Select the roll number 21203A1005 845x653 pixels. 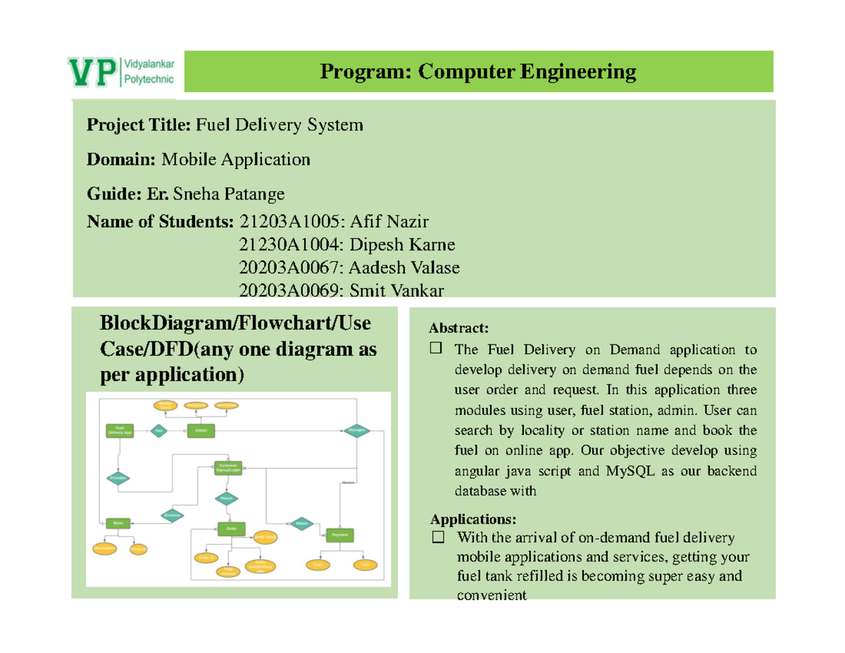(289, 222)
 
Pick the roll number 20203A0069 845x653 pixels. (289, 290)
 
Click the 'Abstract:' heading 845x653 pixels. (458, 328)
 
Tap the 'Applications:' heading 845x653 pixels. (472, 520)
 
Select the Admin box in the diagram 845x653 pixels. (201, 431)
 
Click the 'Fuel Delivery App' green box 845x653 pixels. (120, 430)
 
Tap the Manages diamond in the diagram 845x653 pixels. (356, 431)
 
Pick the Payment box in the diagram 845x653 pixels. (339, 535)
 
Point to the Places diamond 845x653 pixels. (227, 498)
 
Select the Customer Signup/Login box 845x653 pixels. (227, 468)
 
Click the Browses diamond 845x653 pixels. (173, 515)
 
